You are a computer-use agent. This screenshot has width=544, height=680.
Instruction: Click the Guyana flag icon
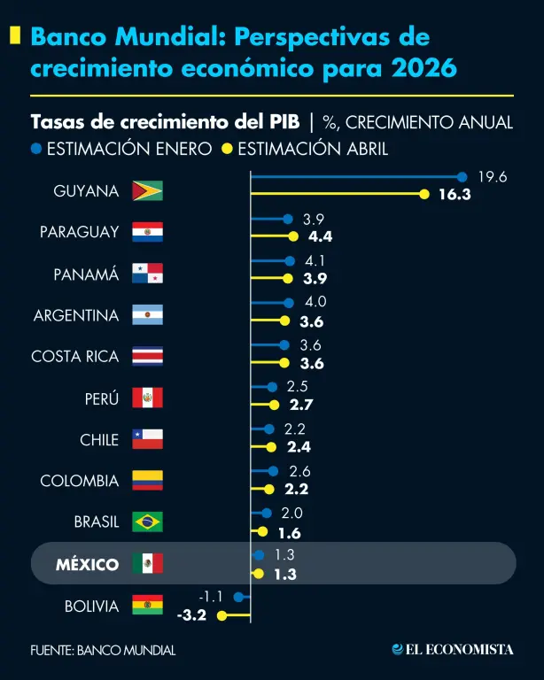click(x=147, y=190)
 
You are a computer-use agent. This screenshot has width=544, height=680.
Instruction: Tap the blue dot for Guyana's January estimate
click(x=462, y=177)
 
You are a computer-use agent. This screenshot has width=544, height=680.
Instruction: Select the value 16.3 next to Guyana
click(x=455, y=195)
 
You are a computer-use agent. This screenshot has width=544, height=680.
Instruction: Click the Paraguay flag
click(x=147, y=232)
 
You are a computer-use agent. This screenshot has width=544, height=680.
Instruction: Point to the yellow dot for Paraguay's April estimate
click(x=292, y=236)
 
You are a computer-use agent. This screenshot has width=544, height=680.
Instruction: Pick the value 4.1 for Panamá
click(x=315, y=260)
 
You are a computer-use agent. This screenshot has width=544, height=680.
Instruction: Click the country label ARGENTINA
click(x=76, y=315)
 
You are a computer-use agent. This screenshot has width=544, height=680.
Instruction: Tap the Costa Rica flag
click(x=147, y=357)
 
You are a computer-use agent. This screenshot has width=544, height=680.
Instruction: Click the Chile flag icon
click(x=147, y=439)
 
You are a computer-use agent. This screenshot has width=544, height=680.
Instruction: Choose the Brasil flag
click(x=147, y=522)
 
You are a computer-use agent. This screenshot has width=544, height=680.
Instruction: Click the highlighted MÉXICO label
click(x=87, y=564)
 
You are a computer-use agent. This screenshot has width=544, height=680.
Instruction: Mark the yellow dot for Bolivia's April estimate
click(x=221, y=615)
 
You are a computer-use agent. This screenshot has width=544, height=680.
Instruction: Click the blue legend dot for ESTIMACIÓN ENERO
click(x=36, y=149)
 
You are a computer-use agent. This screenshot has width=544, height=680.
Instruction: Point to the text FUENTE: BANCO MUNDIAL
click(x=103, y=650)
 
